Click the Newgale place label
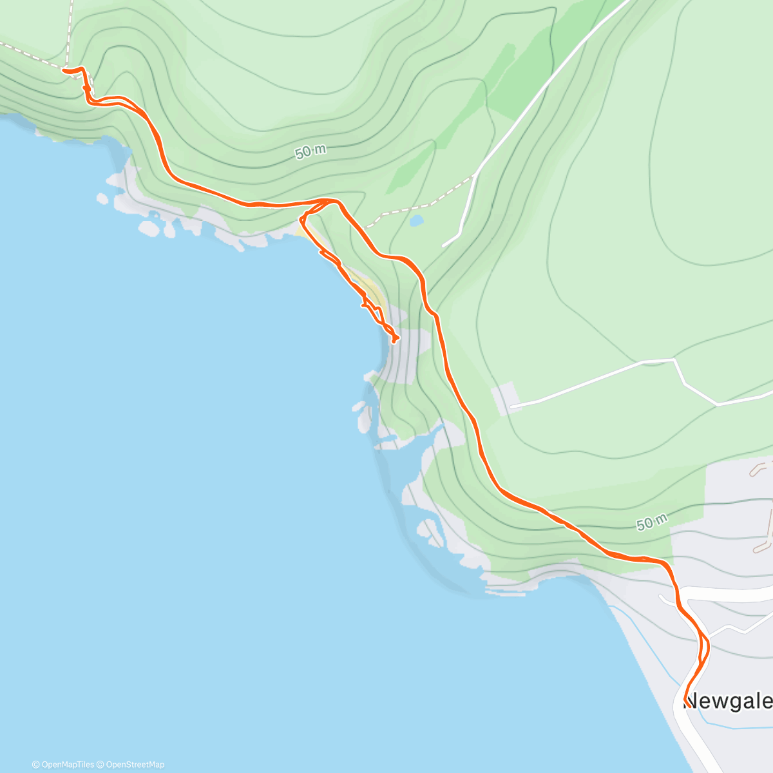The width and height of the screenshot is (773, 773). coord(727,700)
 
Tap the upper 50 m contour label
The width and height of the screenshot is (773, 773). coord(310,151)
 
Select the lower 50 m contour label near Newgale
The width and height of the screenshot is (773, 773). coord(651,522)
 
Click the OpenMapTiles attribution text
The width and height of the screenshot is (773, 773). coord(63,765)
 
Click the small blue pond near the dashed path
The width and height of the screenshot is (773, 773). coord(416,221)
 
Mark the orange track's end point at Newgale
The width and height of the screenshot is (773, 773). coord(687,705)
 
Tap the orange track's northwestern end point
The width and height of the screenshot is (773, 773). coord(64,70)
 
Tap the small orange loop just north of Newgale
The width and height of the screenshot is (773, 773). coord(704,647)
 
